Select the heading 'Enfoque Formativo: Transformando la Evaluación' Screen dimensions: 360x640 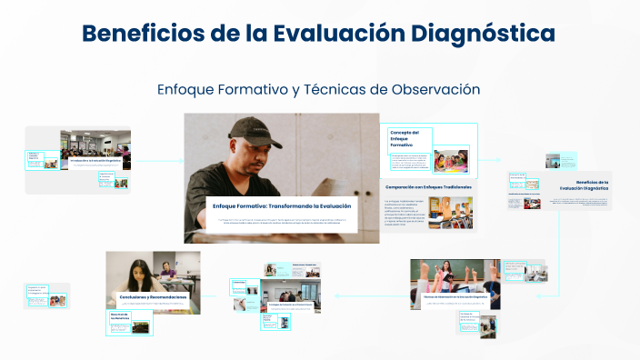coord(281,206)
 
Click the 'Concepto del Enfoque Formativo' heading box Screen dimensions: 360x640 coord(406,138)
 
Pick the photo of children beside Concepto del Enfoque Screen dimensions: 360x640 coord(450,160)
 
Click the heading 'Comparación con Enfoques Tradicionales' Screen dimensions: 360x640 coord(427,186)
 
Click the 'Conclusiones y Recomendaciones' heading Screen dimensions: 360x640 coord(153,297)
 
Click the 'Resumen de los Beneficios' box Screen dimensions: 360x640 coord(121,319)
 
